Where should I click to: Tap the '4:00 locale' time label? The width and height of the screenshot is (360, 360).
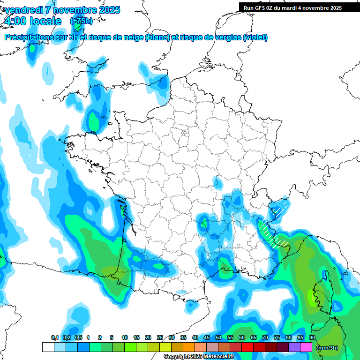tap(32, 21)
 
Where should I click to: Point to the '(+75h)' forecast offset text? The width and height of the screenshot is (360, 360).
tap(81, 21)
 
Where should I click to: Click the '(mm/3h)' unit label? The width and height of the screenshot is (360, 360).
tap(327, 348)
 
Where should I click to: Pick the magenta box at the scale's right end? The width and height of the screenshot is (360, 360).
tap(306, 347)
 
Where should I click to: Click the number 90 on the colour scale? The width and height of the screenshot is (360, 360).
tap(312, 338)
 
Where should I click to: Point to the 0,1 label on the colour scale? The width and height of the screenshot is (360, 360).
tap(54, 338)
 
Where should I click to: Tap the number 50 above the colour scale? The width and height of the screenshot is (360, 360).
tap(218, 338)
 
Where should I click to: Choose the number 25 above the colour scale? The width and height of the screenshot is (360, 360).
tap(160, 338)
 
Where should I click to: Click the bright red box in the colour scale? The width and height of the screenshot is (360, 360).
tap(247, 347)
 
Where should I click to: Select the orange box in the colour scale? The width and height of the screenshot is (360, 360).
tap(189, 347)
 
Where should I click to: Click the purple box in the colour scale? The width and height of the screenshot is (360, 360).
tap(294, 347)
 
